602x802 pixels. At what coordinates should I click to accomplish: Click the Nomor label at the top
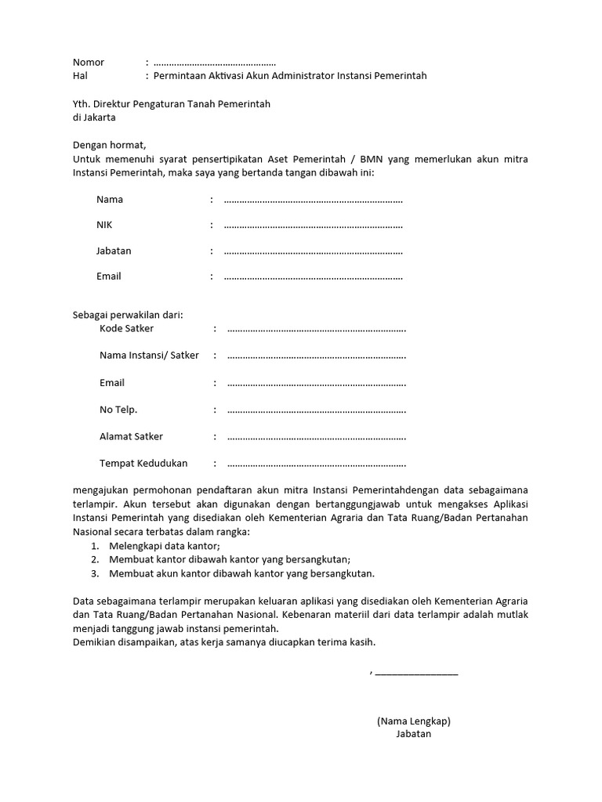point(89,62)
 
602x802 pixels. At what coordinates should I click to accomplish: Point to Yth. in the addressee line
point(82,104)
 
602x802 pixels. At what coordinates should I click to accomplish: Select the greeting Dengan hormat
point(109,145)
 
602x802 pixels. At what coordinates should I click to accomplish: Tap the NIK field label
point(104,226)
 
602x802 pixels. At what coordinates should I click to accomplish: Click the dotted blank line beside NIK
point(313,226)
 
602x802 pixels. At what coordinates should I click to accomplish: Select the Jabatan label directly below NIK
point(114,251)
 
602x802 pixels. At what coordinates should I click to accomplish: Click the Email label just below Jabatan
point(109,276)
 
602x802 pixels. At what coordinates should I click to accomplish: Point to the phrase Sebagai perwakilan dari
point(128,315)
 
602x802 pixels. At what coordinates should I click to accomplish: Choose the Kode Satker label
point(127,328)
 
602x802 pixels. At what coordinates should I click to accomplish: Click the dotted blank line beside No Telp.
point(317,410)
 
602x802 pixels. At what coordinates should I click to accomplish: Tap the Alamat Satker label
point(132,436)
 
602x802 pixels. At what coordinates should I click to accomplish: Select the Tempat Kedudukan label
point(143,463)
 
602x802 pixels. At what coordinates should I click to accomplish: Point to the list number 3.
point(94,573)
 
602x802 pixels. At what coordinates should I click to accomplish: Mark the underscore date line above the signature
point(416,672)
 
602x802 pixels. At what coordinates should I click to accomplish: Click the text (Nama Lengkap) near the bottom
point(413,721)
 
